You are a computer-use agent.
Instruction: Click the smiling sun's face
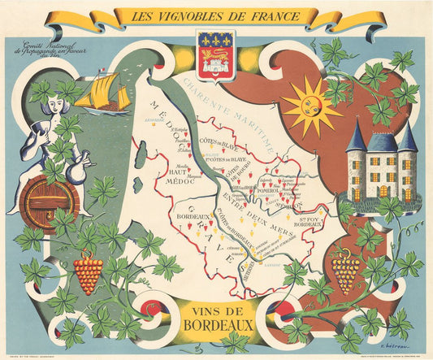312,103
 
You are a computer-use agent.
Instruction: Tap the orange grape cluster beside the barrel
88,271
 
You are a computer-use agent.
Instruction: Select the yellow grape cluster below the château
346,272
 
